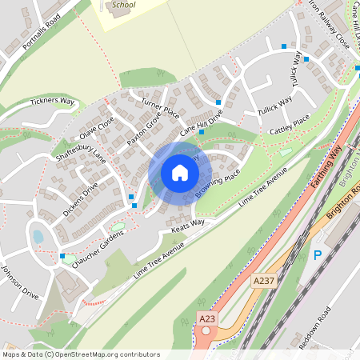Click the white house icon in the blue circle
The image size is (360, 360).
[180, 173]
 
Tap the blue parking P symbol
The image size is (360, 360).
[317, 256]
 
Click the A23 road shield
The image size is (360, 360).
[207, 318]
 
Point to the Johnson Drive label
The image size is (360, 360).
[18, 279]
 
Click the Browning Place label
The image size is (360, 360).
[218, 184]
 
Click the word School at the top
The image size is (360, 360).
[123, 5]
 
